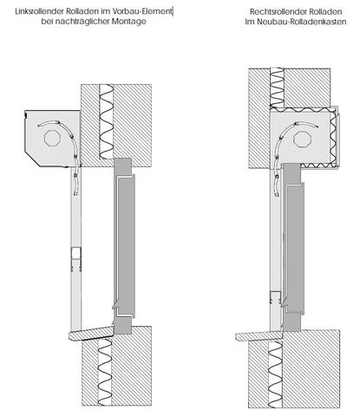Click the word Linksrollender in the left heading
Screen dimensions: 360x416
pos(39,12)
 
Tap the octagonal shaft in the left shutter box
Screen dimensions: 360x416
pos(52,139)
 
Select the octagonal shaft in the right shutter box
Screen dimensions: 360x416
pos(302,140)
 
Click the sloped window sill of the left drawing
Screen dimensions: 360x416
pos(91,334)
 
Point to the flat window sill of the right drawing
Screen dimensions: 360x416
pos(259,336)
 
